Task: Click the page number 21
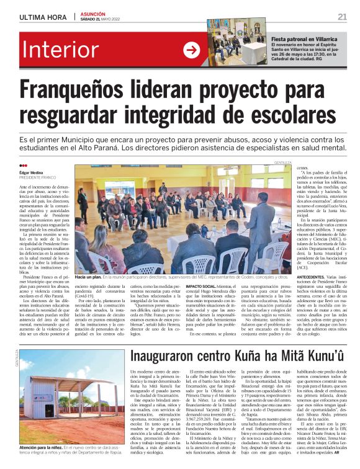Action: (342, 16)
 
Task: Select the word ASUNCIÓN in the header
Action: (93, 13)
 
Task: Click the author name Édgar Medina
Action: (34, 172)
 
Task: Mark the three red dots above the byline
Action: (24, 166)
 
